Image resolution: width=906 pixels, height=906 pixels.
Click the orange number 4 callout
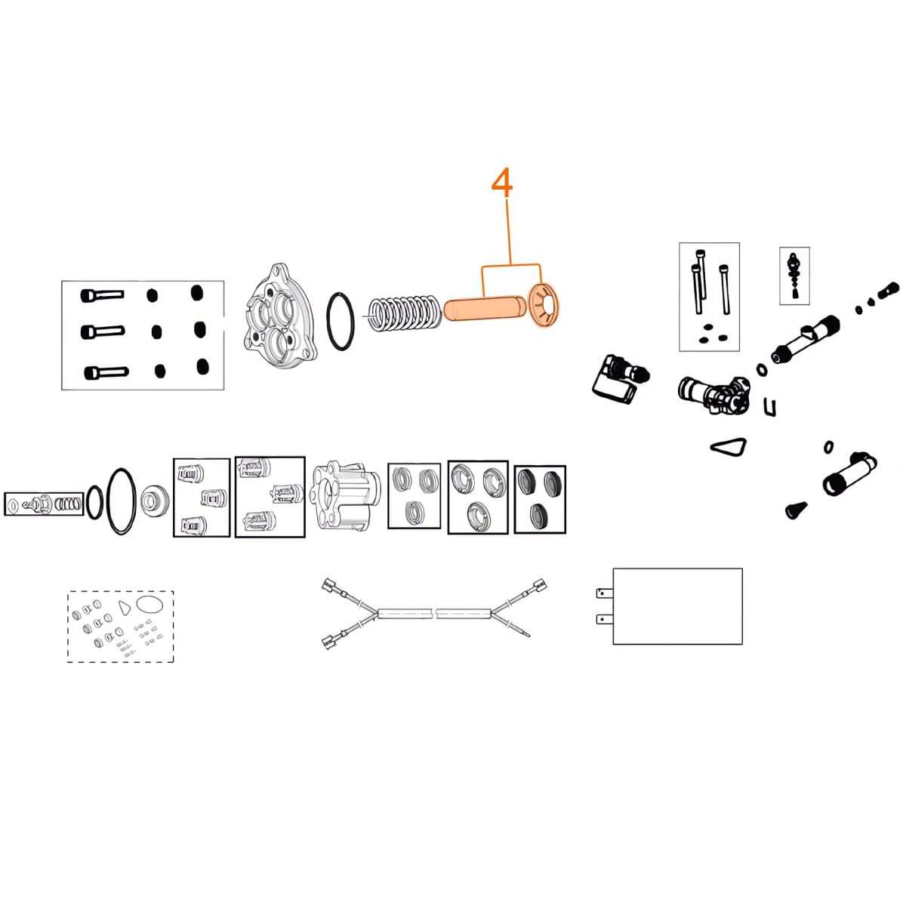(502, 183)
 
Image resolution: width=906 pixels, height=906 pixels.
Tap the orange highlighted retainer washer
(547, 305)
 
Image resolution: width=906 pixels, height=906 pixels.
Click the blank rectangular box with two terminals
(677, 606)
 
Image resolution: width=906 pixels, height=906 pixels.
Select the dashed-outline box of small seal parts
(121, 627)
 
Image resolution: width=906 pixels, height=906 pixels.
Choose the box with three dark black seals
(539, 499)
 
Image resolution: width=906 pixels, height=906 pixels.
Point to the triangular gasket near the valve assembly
(729, 446)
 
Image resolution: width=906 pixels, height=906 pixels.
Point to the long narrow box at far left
(42, 504)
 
